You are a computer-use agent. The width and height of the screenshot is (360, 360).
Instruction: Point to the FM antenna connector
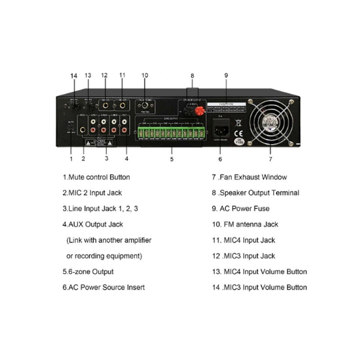point(145,106)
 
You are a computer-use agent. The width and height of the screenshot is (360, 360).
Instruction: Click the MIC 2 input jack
point(82,130)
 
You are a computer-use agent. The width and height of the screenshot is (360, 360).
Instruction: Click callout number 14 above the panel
point(74,76)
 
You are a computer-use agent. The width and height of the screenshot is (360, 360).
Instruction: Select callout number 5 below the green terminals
point(172,159)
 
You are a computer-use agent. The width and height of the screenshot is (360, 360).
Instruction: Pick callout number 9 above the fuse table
point(226,75)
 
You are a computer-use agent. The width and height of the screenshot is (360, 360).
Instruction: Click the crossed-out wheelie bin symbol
point(238,122)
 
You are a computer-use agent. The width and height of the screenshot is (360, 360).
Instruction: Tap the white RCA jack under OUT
point(124,122)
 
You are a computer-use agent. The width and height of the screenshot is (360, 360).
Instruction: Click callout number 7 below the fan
point(270,159)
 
